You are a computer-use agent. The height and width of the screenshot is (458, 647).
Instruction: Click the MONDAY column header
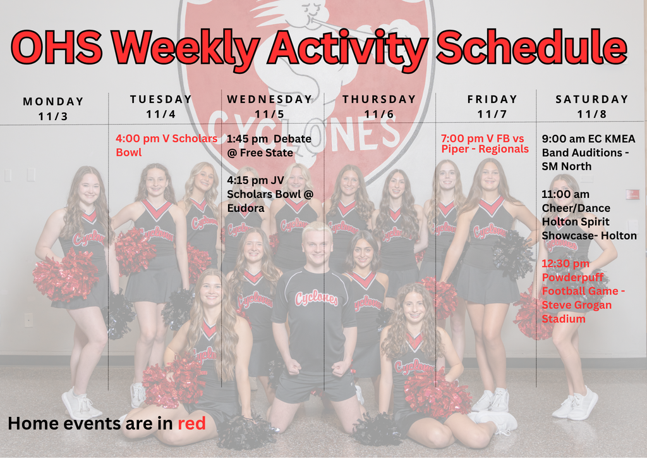(54, 101)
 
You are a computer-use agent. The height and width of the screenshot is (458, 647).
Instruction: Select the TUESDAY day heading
(160, 99)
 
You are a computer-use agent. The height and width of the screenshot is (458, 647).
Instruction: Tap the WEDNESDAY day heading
(270, 99)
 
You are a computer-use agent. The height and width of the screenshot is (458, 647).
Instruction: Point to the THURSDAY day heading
(379, 99)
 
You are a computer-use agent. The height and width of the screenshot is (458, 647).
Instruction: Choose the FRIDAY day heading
(492, 99)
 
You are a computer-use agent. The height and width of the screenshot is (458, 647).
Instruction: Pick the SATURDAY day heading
(592, 99)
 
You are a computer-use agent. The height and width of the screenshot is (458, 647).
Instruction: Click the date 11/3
(54, 116)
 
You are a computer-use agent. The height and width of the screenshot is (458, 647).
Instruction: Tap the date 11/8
(592, 114)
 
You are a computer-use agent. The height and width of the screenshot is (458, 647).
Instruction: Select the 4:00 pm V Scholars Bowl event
(166, 145)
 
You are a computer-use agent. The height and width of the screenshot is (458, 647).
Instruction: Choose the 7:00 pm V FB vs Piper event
(485, 144)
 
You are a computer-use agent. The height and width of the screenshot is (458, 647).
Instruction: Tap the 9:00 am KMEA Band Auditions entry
(588, 152)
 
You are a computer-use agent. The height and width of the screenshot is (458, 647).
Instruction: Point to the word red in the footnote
(191, 423)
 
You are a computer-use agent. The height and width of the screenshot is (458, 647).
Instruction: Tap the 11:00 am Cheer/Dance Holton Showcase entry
(589, 215)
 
